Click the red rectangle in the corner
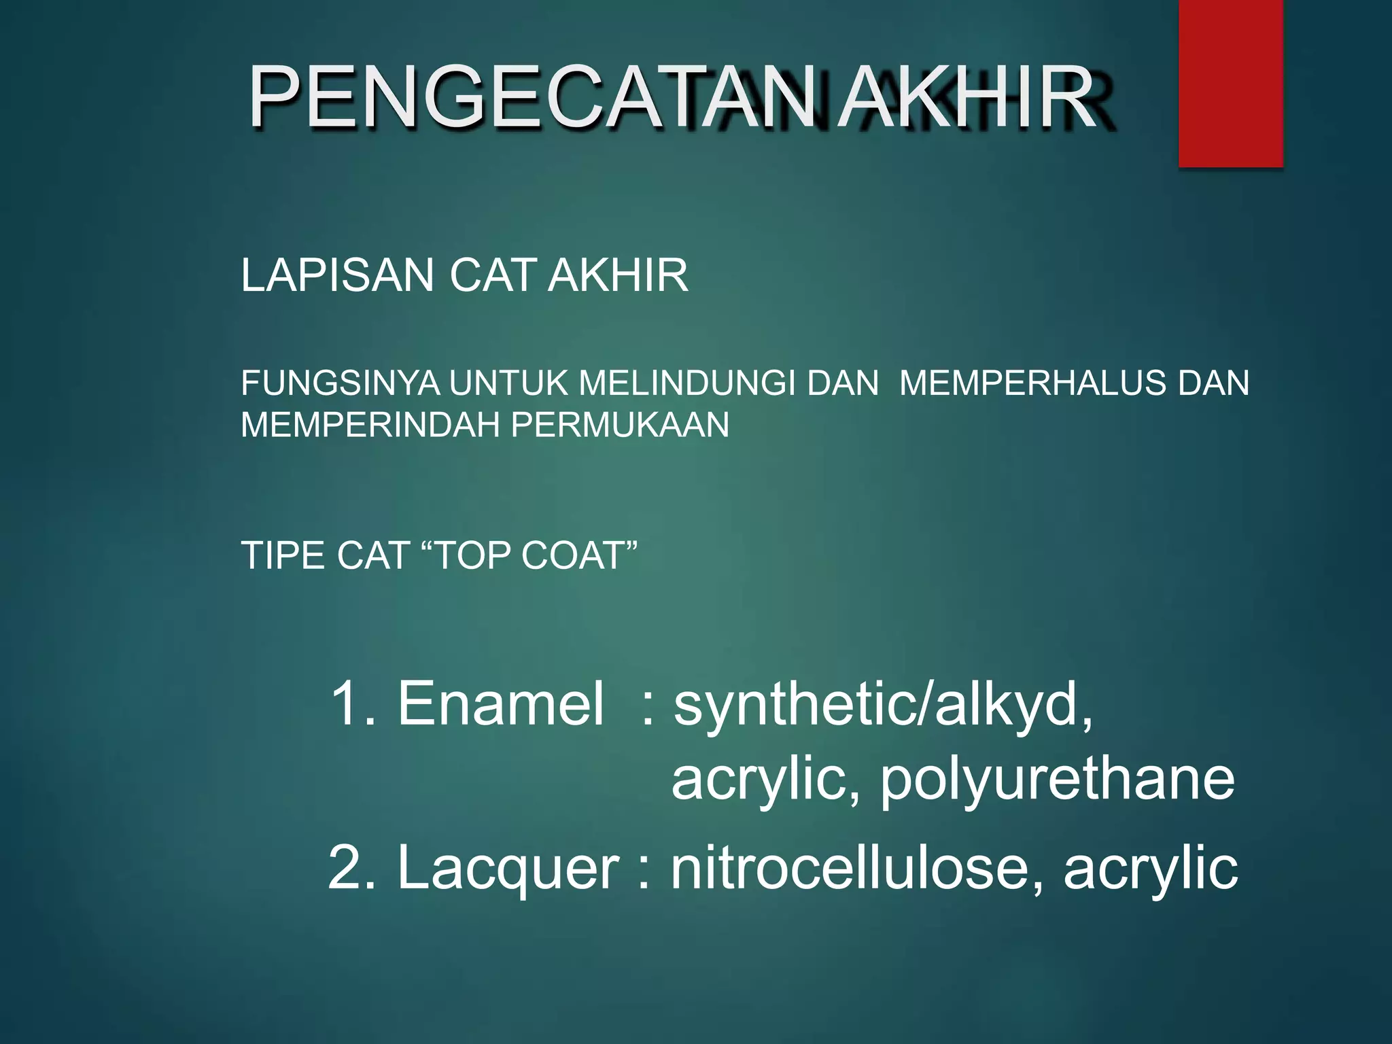pyautogui.click(x=1230, y=83)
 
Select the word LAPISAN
pyautogui.click(x=337, y=275)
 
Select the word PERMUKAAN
pyautogui.click(x=620, y=425)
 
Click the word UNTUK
pyautogui.click(x=508, y=383)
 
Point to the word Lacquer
pyautogui.click(x=508, y=868)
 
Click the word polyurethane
pyautogui.click(x=1058, y=780)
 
